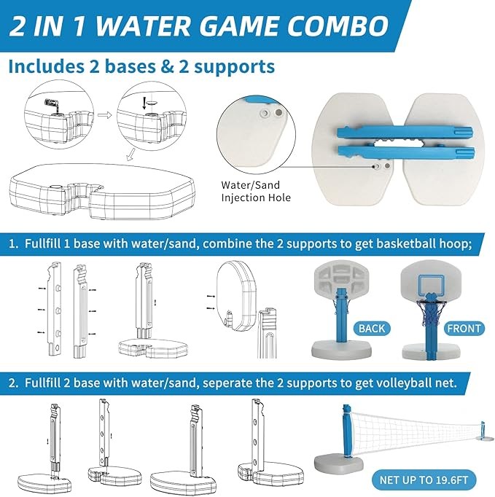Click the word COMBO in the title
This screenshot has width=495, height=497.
point(338,26)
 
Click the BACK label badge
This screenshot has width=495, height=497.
point(372,329)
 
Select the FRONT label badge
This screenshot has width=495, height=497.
point(464,329)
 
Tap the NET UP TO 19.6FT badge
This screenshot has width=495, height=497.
point(424,480)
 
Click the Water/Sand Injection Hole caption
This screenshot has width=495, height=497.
point(256,191)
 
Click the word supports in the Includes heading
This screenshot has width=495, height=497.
point(234,67)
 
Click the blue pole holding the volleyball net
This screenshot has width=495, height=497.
point(348,431)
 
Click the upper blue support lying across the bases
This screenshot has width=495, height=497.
point(405,133)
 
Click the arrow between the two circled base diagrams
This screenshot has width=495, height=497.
point(105,114)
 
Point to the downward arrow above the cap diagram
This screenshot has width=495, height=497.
point(144,103)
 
